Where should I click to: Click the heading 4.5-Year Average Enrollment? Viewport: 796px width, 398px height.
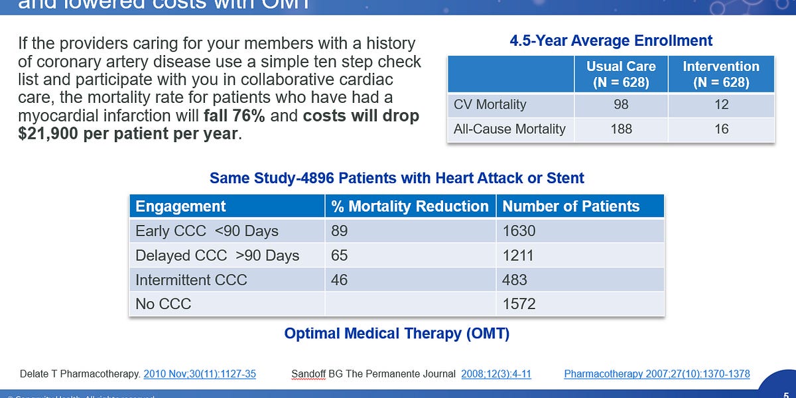click(610, 40)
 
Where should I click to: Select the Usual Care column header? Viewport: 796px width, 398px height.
click(621, 74)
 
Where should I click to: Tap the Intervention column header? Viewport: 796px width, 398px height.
click(721, 74)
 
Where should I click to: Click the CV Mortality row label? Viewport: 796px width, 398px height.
click(490, 105)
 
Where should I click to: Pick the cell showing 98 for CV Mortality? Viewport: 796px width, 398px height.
click(621, 105)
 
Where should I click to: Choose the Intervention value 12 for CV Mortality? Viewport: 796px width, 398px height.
click(721, 105)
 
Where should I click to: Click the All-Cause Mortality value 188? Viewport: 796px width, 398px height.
click(621, 129)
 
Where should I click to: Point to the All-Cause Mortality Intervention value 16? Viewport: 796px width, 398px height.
click(721, 129)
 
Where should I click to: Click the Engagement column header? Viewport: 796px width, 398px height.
click(180, 206)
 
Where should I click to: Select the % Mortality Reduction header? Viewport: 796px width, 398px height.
click(410, 206)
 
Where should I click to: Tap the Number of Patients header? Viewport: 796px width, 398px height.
click(570, 206)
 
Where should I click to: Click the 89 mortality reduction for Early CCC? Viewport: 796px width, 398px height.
click(339, 231)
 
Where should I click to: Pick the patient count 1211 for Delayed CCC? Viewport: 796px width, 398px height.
click(518, 255)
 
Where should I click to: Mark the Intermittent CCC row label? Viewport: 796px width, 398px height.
click(191, 280)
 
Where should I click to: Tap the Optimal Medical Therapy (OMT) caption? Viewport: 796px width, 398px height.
click(397, 334)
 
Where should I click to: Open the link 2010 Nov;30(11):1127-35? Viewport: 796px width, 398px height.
click(200, 373)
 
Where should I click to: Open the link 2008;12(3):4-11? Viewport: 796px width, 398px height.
click(496, 373)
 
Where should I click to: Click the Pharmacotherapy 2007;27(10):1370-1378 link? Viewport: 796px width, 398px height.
click(657, 373)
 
